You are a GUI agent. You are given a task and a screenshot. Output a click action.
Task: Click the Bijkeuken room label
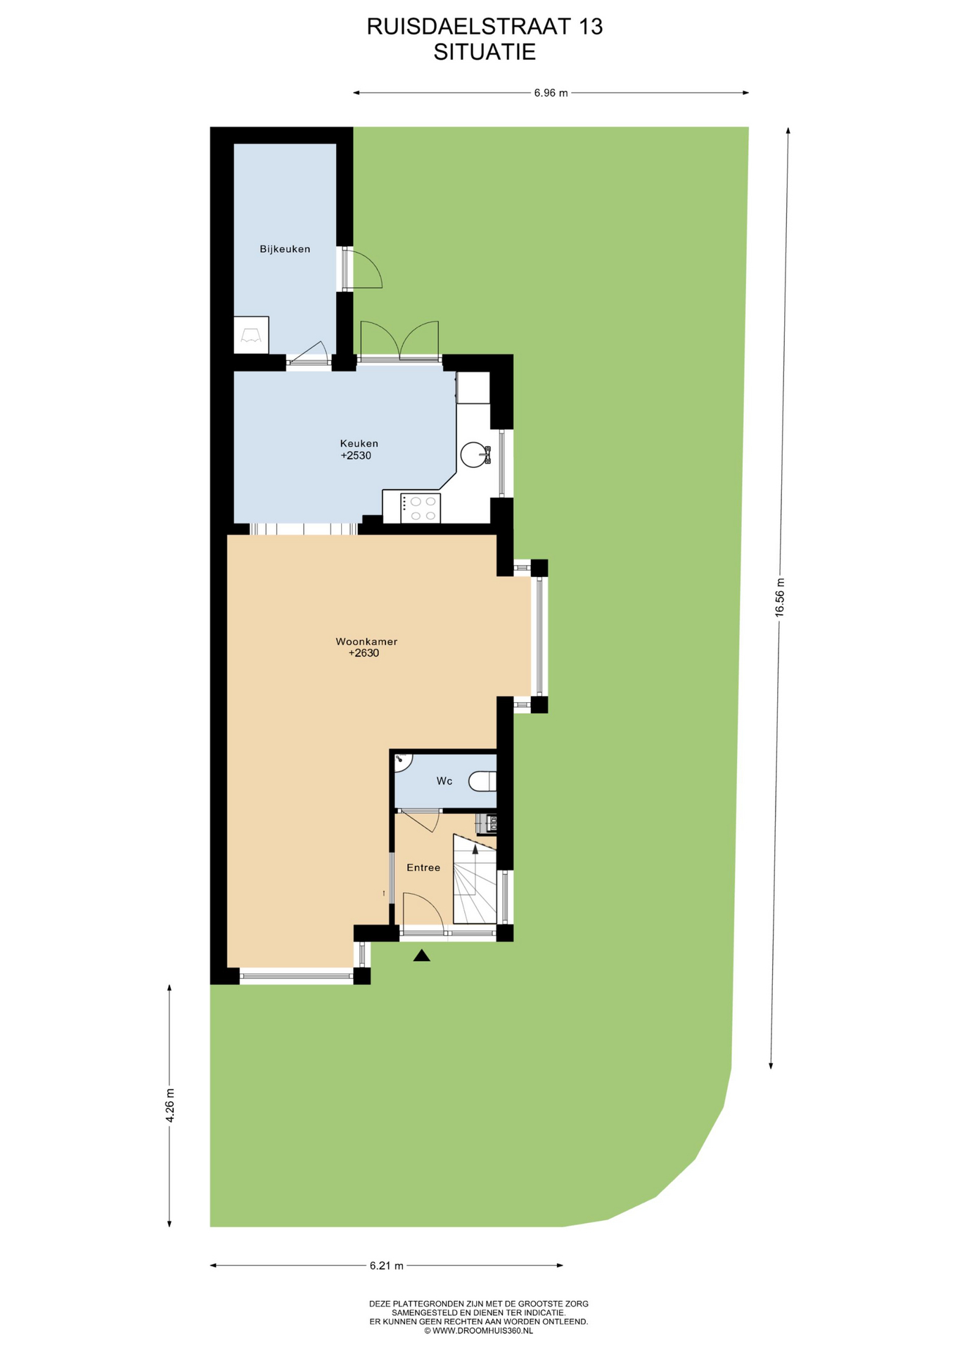[x=285, y=249]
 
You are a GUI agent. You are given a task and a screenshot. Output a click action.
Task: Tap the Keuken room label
[x=359, y=443]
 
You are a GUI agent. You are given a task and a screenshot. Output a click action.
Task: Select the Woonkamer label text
[x=366, y=642]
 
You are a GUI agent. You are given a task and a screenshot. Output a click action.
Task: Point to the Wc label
[x=444, y=781]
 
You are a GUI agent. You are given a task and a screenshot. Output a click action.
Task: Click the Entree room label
[x=423, y=868]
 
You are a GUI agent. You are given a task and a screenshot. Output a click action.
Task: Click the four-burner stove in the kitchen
[x=420, y=508]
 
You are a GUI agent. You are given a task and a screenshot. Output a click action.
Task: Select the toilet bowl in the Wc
[x=483, y=781]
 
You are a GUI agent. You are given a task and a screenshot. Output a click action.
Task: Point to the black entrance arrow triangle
[x=421, y=955]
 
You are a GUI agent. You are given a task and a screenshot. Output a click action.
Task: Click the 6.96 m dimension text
[x=551, y=93]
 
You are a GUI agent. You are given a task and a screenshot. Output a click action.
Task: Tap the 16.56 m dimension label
[x=779, y=597]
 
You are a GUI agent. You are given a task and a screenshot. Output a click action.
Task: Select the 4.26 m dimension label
[x=169, y=1106]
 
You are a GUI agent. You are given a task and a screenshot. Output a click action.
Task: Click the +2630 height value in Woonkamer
[x=364, y=653]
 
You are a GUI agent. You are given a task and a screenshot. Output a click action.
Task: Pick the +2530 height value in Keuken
[x=356, y=455]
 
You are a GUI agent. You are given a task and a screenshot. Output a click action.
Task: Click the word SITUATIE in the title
[x=485, y=52]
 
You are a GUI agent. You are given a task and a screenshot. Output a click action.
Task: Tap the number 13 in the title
[x=591, y=27]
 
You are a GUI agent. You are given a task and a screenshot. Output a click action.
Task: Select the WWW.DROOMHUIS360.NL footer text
[x=482, y=1331]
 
